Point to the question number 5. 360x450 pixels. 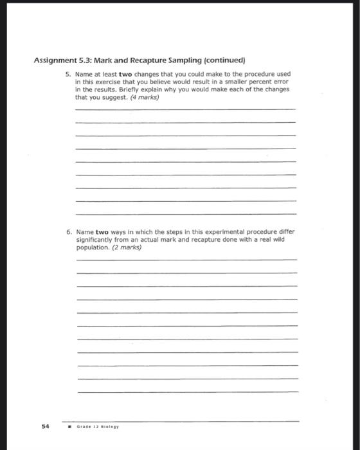[68, 75]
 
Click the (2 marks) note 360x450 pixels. [127, 247]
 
